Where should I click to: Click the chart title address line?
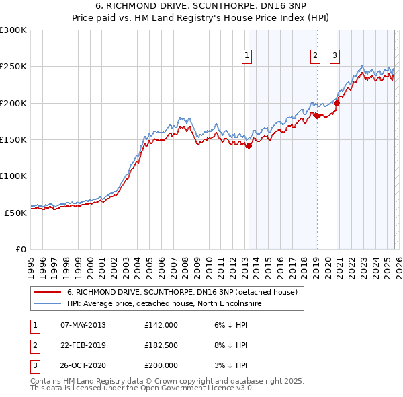pos(201,6)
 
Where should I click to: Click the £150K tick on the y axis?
pos(13,139)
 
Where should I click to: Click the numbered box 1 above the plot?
pos(247,57)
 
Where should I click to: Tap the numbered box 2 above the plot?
pos(315,57)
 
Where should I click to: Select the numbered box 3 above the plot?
pos(334,57)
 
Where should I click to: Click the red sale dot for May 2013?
pos(248,145)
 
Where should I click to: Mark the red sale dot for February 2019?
pos(316,116)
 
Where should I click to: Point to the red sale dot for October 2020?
pos(337,104)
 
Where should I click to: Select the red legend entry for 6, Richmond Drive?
pos(182,292)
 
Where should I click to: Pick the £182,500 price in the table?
pos(161,345)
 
